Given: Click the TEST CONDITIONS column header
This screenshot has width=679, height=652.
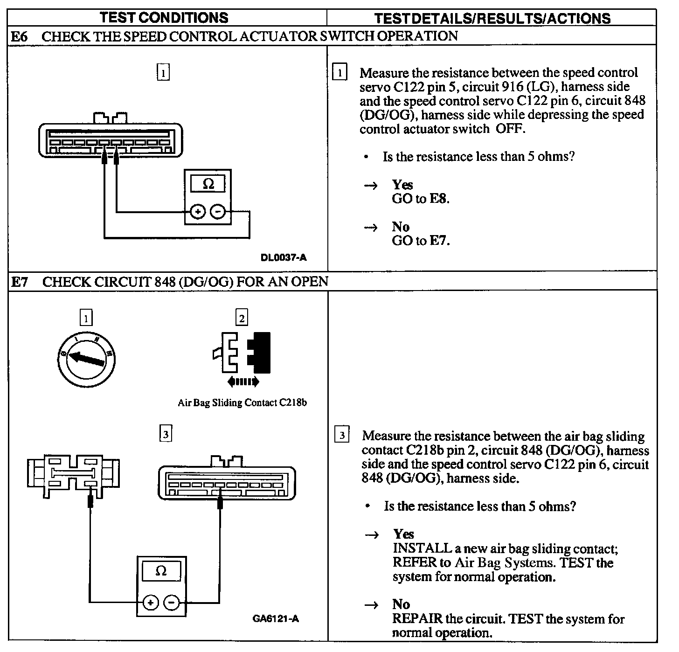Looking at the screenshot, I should [164, 18].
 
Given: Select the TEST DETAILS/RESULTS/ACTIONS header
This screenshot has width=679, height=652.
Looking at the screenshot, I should [492, 18].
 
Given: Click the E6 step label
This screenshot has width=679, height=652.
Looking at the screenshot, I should [19, 36].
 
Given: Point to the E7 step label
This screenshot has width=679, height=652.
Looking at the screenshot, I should [20, 282].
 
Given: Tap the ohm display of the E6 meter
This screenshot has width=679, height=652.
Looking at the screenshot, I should [208, 184].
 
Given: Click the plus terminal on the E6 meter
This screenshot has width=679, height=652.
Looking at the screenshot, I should [198, 212].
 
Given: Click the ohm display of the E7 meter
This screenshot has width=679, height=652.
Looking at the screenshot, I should [161, 571].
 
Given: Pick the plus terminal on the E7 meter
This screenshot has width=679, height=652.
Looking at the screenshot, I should [150, 603].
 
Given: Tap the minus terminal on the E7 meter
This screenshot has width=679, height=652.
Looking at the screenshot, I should [172, 603].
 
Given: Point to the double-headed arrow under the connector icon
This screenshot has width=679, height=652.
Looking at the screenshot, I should [243, 382].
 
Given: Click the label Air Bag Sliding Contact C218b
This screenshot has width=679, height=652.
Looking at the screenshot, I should [242, 402].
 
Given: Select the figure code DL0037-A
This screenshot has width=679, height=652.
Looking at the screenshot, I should [284, 257].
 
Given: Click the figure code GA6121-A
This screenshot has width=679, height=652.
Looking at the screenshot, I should [276, 619].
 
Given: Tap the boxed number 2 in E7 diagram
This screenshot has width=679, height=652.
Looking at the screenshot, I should [242, 318].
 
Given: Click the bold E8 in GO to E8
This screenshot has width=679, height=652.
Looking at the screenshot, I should [438, 199].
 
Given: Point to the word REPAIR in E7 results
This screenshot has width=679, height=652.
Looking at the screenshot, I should [417, 619].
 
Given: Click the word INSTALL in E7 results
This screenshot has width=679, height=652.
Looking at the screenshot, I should [422, 548].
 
